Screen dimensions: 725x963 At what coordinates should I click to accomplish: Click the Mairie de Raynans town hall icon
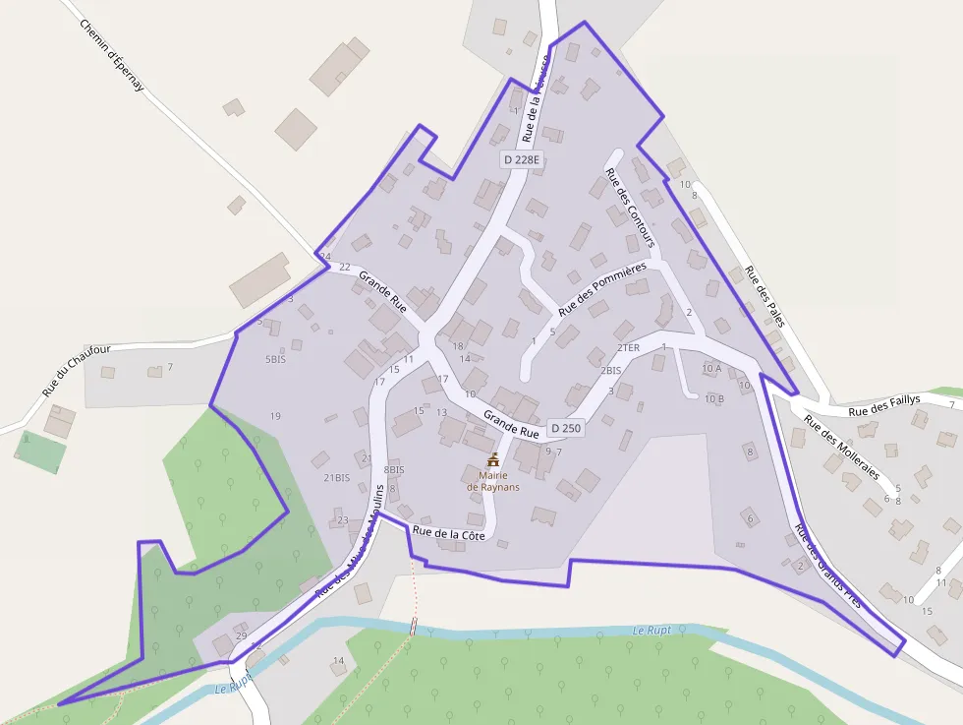(x=493, y=459)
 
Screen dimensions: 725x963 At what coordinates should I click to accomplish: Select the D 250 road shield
(x=566, y=428)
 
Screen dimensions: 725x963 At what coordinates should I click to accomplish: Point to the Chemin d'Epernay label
(x=112, y=56)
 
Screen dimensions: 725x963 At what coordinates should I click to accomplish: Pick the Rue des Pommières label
(x=602, y=289)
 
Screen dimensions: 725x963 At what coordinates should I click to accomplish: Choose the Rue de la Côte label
(x=449, y=533)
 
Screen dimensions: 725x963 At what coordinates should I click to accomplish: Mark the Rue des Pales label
(x=765, y=296)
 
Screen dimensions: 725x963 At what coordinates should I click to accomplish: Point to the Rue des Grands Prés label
(x=827, y=565)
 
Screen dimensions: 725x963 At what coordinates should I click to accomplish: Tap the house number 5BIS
(x=275, y=360)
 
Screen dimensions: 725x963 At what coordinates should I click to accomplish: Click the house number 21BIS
(x=336, y=478)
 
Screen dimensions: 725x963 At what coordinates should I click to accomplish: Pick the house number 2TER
(x=628, y=348)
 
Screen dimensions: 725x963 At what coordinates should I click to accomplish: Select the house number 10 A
(x=711, y=368)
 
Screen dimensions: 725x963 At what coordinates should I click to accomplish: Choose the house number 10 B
(x=713, y=398)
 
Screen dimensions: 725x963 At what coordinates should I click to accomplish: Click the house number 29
(x=241, y=636)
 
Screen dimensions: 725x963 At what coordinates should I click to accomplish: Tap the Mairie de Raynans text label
(x=493, y=481)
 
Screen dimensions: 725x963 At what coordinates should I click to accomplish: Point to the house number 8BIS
(x=393, y=470)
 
